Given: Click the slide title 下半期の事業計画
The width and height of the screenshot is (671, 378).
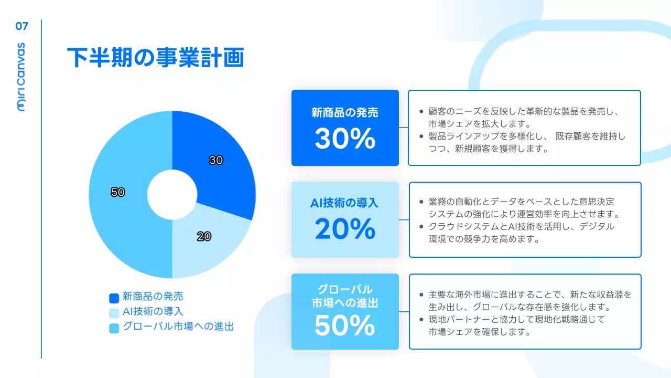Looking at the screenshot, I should pyautogui.click(x=155, y=58).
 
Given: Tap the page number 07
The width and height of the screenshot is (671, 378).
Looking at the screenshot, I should pyautogui.click(x=21, y=26).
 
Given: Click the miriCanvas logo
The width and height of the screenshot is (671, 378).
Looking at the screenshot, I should pyautogui.click(x=21, y=77).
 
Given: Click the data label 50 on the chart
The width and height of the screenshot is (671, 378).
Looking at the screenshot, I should pyautogui.click(x=117, y=192).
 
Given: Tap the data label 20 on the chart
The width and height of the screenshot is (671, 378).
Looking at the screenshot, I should pyautogui.click(x=204, y=237).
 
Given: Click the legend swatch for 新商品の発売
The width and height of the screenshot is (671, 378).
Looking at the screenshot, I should pyautogui.click(x=114, y=298).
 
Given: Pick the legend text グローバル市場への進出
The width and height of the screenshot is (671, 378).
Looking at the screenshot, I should pyautogui.click(x=178, y=327).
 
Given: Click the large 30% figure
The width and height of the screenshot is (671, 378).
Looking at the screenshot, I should pyautogui.click(x=345, y=139).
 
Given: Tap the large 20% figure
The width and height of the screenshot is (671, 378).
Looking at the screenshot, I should pyautogui.click(x=345, y=229).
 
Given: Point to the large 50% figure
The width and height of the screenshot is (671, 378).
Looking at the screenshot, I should pyautogui.click(x=345, y=325).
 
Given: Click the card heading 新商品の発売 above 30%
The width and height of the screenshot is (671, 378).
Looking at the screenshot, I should pyautogui.click(x=345, y=112).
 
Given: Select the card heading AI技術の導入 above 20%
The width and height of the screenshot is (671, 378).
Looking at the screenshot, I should pyautogui.click(x=345, y=203).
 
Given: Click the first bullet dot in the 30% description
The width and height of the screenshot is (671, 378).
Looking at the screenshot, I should pyautogui.click(x=421, y=112).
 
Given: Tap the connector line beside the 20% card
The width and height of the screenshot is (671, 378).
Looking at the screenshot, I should pyautogui.click(x=404, y=219).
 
